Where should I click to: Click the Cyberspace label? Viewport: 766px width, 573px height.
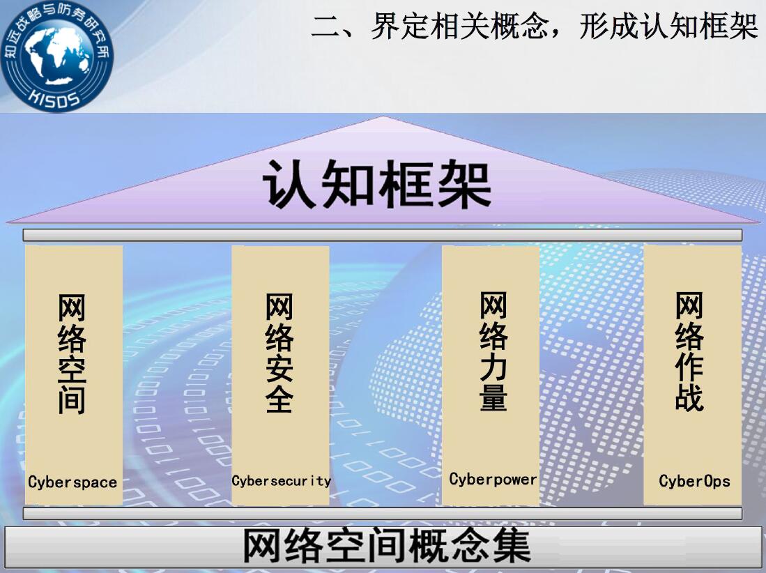click(72, 482)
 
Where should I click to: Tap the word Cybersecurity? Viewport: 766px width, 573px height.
click(282, 481)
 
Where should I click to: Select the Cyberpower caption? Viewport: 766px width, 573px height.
click(493, 480)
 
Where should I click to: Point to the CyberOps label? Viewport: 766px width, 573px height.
click(694, 481)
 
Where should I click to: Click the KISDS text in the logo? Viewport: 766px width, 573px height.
click(54, 98)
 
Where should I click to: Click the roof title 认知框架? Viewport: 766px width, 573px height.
click(376, 183)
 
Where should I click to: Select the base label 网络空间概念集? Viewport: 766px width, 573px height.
click(386, 546)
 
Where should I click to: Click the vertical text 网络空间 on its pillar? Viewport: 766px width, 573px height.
click(72, 353)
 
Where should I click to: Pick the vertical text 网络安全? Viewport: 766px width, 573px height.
click(279, 353)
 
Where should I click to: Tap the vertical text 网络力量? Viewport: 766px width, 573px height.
click(493, 351)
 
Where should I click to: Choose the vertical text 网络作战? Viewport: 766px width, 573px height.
click(689, 351)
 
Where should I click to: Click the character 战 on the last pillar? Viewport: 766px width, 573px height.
click(689, 397)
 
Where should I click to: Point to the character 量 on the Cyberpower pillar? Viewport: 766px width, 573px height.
click(493, 396)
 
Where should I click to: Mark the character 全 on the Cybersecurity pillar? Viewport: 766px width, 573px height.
click(279, 399)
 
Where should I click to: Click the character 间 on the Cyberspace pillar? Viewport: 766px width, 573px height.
click(72, 400)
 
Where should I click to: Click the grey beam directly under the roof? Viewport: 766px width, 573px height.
click(383, 236)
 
